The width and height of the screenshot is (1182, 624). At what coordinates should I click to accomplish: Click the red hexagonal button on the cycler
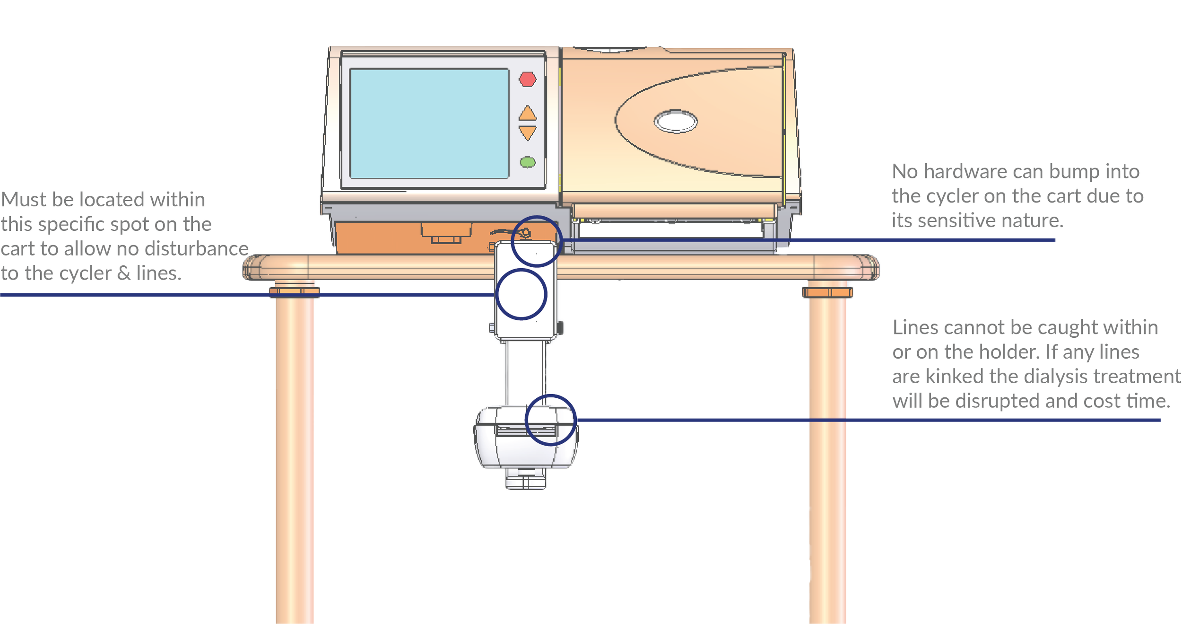click(x=527, y=79)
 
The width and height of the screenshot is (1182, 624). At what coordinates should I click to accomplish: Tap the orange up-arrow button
click(x=528, y=114)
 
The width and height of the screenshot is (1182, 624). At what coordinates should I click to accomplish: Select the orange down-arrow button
click(x=528, y=132)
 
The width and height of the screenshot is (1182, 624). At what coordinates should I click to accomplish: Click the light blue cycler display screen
click(x=429, y=123)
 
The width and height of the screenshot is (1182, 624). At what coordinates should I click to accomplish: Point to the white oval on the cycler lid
click(x=676, y=122)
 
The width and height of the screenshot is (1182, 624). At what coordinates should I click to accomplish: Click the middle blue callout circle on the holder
click(x=521, y=294)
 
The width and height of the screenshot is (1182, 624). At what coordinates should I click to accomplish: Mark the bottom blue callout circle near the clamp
click(x=551, y=420)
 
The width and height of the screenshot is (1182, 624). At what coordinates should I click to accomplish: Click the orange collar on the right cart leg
click(x=827, y=293)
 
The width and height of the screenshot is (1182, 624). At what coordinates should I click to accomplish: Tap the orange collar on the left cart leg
click(x=294, y=293)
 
